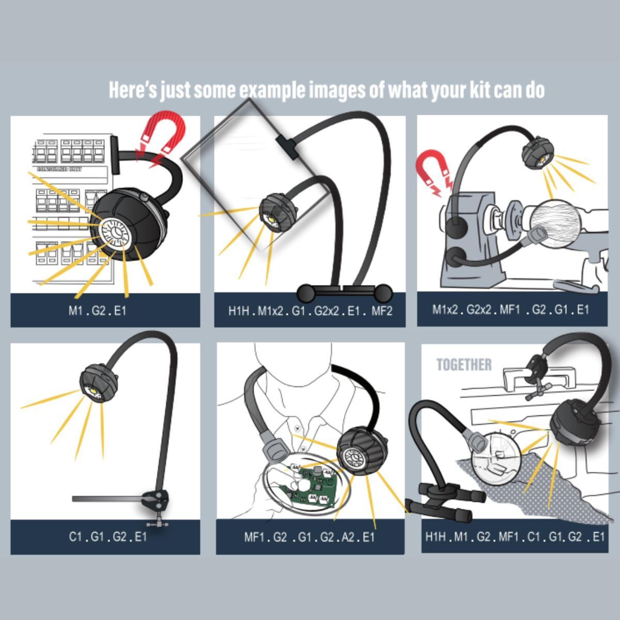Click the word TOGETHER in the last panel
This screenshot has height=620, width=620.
(464, 365)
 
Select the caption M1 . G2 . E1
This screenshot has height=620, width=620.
(97, 311)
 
